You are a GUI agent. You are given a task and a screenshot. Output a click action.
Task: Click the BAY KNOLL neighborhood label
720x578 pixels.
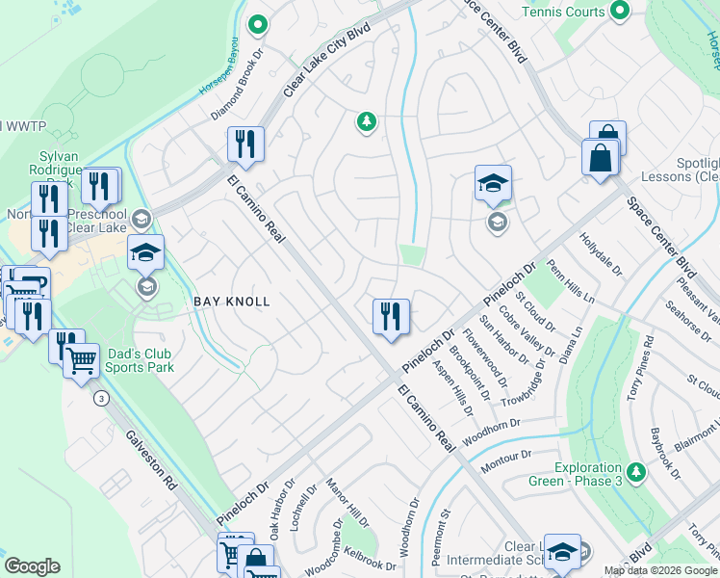(x=232, y=302)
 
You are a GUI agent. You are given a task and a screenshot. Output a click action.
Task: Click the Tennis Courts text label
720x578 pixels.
(x=563, y=12)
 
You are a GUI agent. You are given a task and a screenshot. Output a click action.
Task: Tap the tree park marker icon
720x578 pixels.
(x=366, y=120)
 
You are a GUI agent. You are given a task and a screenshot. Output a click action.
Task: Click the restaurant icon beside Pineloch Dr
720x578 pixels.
(x=391, y=316)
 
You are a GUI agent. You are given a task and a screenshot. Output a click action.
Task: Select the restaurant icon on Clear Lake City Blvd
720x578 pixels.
(x=245, y=144)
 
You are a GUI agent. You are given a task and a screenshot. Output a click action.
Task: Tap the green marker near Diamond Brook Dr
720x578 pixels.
(x=257, y=24)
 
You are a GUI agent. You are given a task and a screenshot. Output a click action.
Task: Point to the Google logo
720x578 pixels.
(x=32, y=566)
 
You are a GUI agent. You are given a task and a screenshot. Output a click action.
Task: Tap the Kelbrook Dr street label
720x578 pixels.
(x=372, y=559)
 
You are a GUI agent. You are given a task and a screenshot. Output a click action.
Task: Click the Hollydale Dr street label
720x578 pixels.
(x=602, y=253)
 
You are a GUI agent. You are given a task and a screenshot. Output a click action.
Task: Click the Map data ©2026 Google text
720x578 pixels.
(x=660, y=570)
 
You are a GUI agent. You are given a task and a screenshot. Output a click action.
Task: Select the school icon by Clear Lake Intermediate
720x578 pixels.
(x=562, y=550)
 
